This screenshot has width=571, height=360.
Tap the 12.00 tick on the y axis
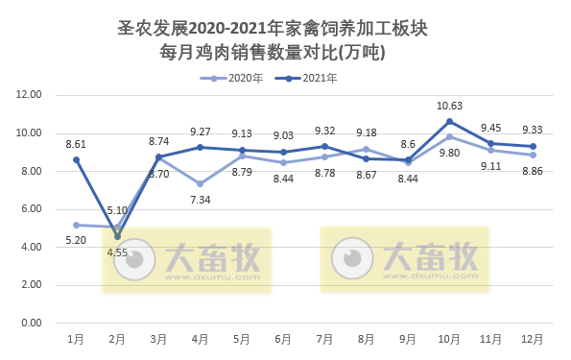pyautogui.click(x=29, y=95)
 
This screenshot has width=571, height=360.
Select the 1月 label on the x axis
pyautogui.click(x=76, y=338)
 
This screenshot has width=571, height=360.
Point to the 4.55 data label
pyautogui.click(x=117, y=253)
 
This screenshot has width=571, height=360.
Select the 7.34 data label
pyautogui.click(x=201, y=199)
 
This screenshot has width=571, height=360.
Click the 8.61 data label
pyautogui.click(x=76, y=144)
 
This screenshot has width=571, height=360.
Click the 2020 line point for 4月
pyautogui.click(x=201, y=183)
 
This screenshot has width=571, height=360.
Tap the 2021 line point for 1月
pyautogui.click(x=76, y=159)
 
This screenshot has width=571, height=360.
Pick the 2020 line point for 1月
pyautogui.click(x=76, y=224)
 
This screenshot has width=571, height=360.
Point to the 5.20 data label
pyautogui.click(x=76, y=239)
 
